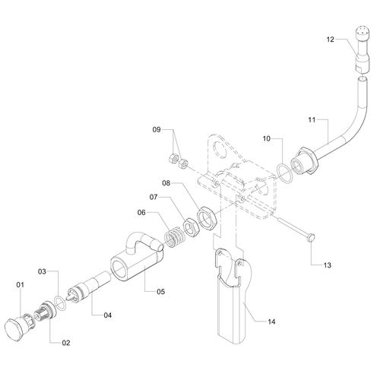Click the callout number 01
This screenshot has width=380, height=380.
click(20, 285)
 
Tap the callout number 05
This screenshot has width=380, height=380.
click(160, 292)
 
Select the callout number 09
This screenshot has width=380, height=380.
click(157, 130)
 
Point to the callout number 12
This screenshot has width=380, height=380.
click(331, 40)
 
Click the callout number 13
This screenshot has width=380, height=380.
click(328, 265)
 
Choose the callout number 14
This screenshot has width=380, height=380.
click(271, 321)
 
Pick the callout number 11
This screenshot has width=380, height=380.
click(312, 119)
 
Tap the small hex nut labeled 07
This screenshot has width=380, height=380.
click(190, 227)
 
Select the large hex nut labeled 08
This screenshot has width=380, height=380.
click(207, 217)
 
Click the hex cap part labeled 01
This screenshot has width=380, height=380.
click(16, 328)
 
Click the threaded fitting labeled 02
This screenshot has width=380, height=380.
click(44, 311)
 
